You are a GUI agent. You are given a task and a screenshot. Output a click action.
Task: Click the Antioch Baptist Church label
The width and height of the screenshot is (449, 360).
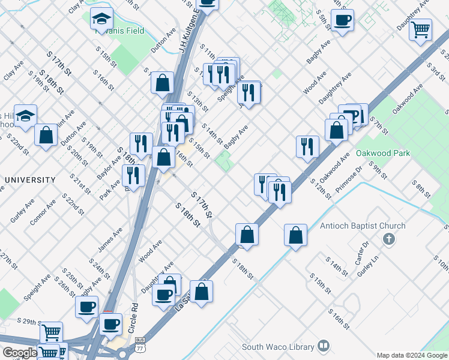click(363, 226)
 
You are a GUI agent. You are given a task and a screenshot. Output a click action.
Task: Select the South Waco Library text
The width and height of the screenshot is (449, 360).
click(278, 347)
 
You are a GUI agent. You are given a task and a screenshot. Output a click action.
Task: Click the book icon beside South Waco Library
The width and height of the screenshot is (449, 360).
click(324, 346)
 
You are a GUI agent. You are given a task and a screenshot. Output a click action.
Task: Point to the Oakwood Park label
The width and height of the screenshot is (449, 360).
click(383, 153)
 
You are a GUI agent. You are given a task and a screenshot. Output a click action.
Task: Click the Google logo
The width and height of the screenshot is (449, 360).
click(19, 353)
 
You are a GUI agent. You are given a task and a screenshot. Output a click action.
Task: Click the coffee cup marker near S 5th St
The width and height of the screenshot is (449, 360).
click(342, 21)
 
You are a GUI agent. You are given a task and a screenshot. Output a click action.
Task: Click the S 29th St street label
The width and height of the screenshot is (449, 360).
click(27, 322)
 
